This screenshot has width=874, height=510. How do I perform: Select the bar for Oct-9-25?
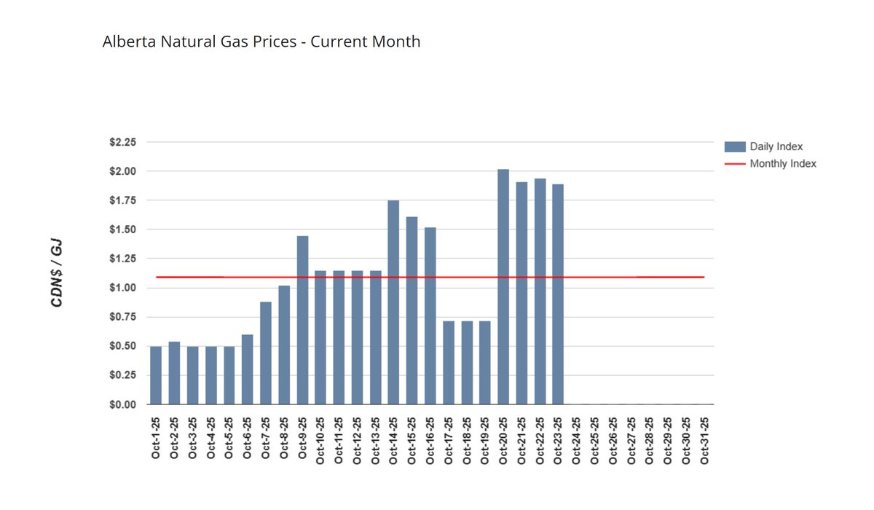[x=302, y=320]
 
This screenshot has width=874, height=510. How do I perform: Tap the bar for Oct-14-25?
[x=393, y=302]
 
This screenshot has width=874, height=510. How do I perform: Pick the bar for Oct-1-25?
[x=156, y=375]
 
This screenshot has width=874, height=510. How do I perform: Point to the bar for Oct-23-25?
[x=558, y=294]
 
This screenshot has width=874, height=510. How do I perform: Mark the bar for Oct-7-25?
[x=266, y=353]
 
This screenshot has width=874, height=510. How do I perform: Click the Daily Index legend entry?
[x=776, y=146]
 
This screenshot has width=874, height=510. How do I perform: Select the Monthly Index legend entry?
[x=782, y=164]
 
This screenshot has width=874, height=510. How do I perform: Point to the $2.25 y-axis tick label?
[x=122, y=142]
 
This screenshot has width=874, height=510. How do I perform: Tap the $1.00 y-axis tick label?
[x=122, y=288]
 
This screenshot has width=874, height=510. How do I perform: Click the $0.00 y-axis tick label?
[x=122, y=404]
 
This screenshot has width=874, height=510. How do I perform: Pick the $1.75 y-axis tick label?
[x=122, y=200]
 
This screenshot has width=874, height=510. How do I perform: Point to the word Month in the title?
[x=397, y=42]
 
